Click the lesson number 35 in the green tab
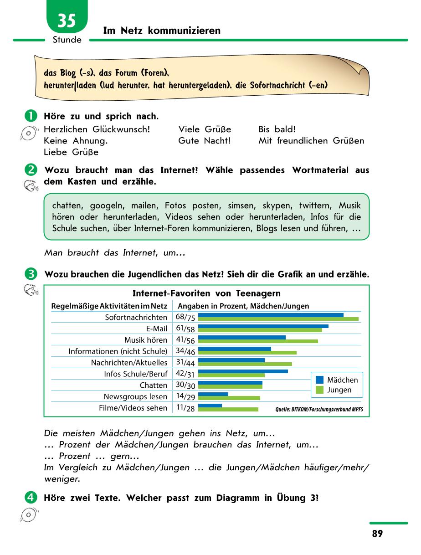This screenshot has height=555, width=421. [x=67, y=21]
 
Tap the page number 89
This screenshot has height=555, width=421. [x=377, y=534]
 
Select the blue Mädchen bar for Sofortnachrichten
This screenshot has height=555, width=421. [x=271, y=315]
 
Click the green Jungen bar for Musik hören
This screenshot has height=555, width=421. [x=258, y=341]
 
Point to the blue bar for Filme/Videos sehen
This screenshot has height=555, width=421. [x=210, y=406]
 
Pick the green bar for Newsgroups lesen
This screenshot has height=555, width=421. [x=229, y=398]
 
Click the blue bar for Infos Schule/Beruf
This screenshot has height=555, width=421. [x=243, y=371]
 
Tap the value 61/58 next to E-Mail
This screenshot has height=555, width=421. [x=185, y=329]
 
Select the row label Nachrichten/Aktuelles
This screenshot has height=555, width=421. [x=129, y=363]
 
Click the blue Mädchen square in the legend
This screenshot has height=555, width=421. [x=319, y=380]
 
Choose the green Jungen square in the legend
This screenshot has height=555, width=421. [x=319, y=390]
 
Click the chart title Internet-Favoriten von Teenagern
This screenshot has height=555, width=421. [x=206, y=293]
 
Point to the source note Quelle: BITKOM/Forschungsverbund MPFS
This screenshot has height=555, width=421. [x=319, y=409]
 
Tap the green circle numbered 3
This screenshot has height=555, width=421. [x=31, y=274]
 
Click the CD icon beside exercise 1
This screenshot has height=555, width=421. [x=29, y=133]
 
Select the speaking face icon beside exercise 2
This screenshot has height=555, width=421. [x=31, y=185]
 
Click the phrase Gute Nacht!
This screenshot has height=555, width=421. [x=204, y=141]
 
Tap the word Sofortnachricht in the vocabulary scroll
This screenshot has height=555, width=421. [x=277, y=85]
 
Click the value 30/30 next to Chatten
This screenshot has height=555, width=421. [x=185, y=385]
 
